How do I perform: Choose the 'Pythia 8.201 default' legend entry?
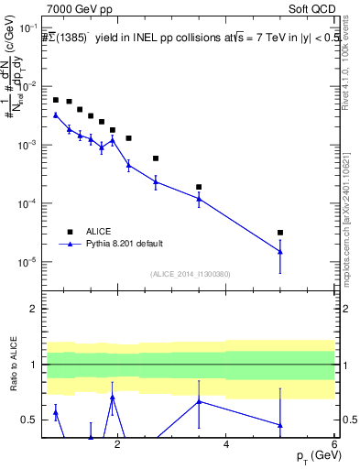point(124,243)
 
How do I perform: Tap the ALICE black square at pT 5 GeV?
point(280,233)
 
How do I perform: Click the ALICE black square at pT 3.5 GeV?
point(199,187)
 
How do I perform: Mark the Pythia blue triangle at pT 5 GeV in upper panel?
point(280,252)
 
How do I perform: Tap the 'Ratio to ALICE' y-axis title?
point(13,365)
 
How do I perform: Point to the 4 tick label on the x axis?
point(226,444)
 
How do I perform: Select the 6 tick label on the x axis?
point(334,444)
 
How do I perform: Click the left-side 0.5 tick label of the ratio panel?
point(30,420)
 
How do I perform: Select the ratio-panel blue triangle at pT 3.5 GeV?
point(199,401)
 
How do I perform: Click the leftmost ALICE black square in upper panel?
point(56,100)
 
